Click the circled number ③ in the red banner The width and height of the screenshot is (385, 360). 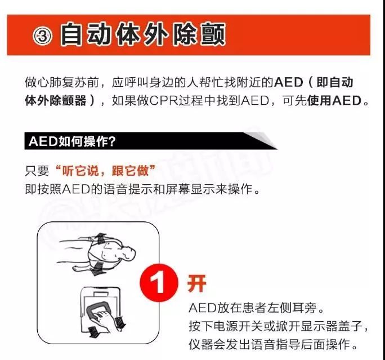[42, 36]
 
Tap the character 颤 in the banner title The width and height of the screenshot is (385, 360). [213, 34]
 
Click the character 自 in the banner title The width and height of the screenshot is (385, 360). [71, 34]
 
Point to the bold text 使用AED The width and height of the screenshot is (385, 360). [335, 100]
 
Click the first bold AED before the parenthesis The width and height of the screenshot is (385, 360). [289, 82]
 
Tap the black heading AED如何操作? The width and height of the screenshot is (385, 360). [72, 141]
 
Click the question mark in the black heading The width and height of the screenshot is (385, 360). [111, 141]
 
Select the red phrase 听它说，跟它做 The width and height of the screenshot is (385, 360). [106, 171]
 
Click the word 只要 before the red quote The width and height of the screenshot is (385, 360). [37, 171]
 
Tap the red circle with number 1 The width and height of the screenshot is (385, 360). [159, 283]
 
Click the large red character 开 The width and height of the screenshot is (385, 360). [196, 283]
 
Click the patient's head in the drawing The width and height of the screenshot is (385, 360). [128, 254]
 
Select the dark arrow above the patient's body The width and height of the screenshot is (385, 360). [100, 238]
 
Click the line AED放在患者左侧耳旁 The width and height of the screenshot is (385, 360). [256, 308]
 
